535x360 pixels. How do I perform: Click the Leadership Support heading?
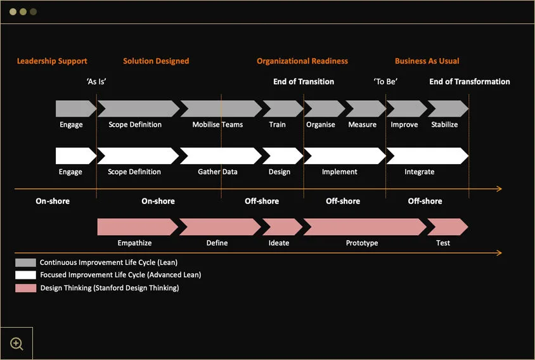click(x=52, y=61)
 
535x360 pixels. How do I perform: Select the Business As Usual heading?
click(x=427, y=61)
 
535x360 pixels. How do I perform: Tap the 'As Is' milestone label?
click(x=96, y=82)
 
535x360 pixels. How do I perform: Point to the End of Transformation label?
click(x=470, y=82)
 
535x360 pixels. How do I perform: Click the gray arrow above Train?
click(x=283, y=108)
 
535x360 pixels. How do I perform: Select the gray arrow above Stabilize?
click(x=448, y=108)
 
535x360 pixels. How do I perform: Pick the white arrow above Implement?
click(x=345, y=156)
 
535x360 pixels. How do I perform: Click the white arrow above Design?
click(x=283, y=156)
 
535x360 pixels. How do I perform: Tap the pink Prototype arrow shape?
click(x=364, y=227)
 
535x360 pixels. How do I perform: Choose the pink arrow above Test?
click(x=448, y=227)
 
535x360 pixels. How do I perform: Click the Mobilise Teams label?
click(x=217, y=125)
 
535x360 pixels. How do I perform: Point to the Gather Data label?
click(x=217, y=172)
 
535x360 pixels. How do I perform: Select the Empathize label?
click(x=134, y=243)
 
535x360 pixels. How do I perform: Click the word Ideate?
click(x=279, y=243)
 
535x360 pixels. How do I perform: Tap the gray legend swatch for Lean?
click(x=25, y=262)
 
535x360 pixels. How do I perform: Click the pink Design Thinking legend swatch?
click(x=25, y=288)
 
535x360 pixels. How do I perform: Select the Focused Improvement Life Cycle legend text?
click(x=120, y=275)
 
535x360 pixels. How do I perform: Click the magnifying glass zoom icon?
click(x=16, y=344)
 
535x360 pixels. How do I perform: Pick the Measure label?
click(x=363, y=125)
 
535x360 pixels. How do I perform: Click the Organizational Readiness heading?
click(x=302, y=61)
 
